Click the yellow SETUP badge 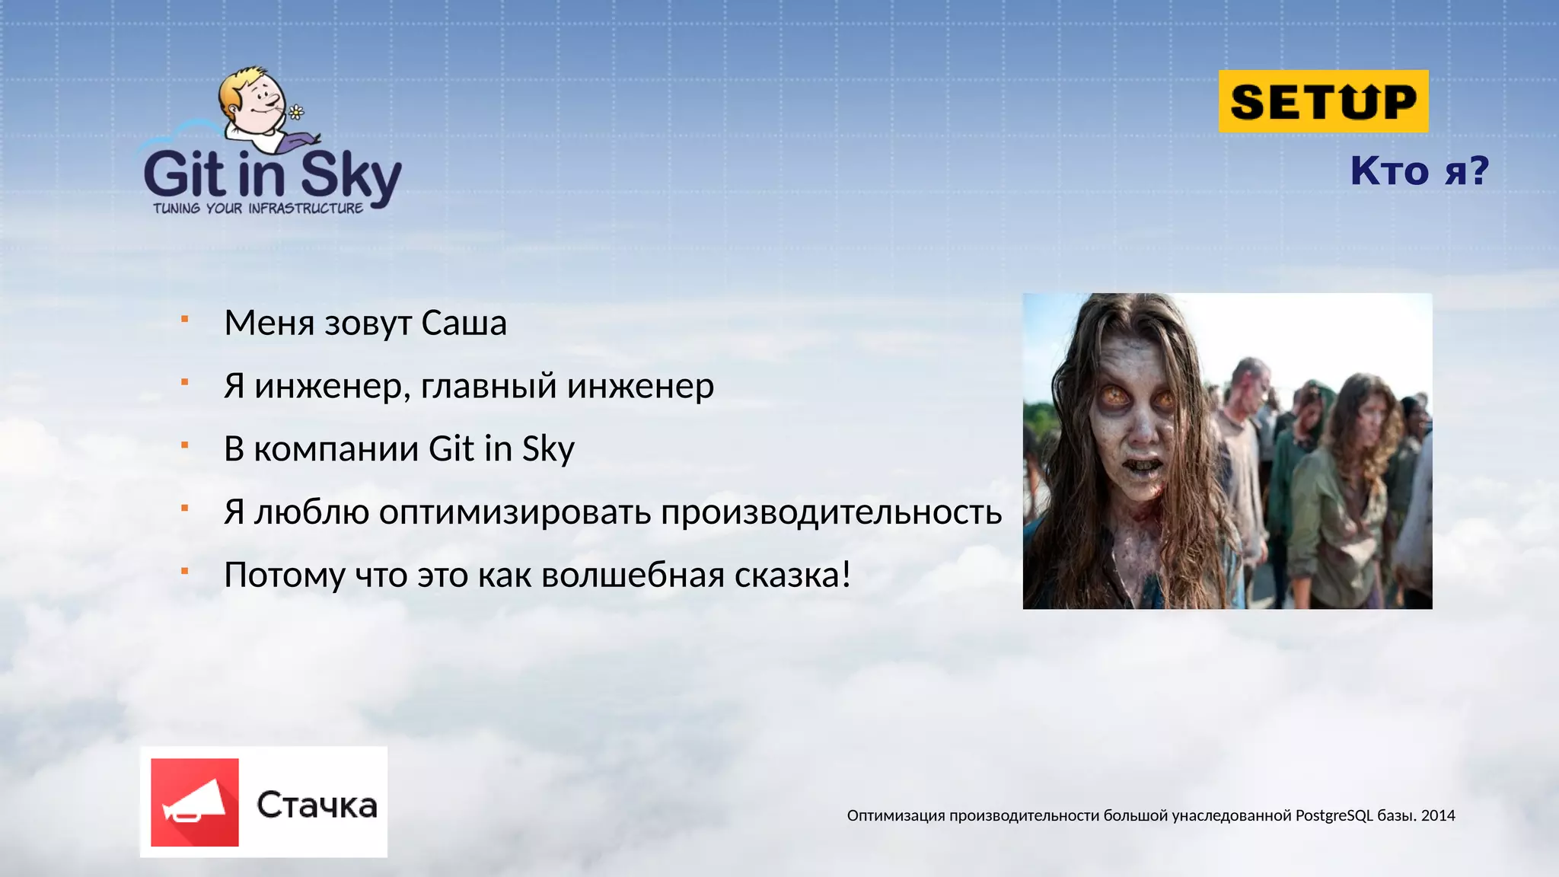pyautogui.click(x=1323, y=101)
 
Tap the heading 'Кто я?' pyautogui.click(x=1419, y=170)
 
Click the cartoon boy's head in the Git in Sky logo pyautogui.click(x=251, y=95)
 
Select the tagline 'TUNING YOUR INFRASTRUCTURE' pyautogui.click(x=258, y=209)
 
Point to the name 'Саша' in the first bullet pyautogui.click(x=464, y=323)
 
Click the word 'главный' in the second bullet pyautogui.click(x=489, y=386)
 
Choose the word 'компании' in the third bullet pyautogui.click(x=336, y=449)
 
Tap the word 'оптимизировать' pyautogui.click(x=515, y=512)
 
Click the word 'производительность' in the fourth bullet pyautogui.click(x=831, y=512)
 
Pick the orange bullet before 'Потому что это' pyautogui.click(x=184, y=570)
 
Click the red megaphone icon pyautogui.click(x=195, y=802)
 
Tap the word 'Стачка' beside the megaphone pyautogui.click(x=317, y=805)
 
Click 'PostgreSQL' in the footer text pyautogui.click(x=1334, y=815)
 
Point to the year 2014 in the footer pyautogui.click(x=1438, y=815)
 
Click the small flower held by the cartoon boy pyautogui.click(x=296, y=113)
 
